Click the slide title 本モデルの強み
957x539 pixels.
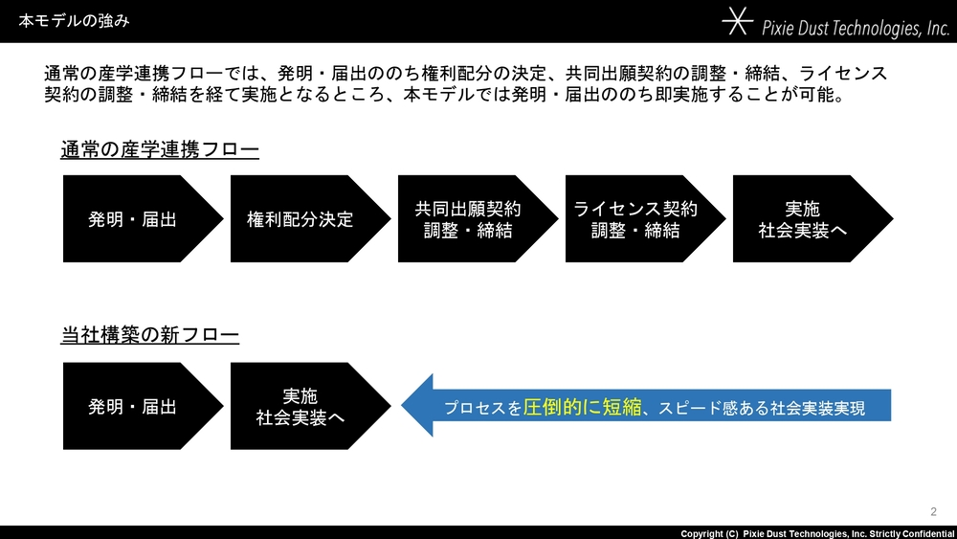[x=74, y=21]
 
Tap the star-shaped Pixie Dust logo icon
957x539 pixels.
[x=737, y=21]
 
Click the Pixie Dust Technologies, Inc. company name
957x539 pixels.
[x=856, y=28]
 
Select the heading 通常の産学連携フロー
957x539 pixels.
[x=160, y=149]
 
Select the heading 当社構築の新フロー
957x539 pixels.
[x=149, y=334]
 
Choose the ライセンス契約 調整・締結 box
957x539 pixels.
[x=645, y=218]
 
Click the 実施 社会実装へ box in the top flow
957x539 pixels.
[x=812, y=218]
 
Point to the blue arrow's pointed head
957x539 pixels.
[x=402, y=405]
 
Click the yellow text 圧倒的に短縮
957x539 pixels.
[x=582, y=407]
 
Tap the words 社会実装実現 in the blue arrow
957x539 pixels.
[x=817, y=408]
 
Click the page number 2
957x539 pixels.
[x=933, y=511]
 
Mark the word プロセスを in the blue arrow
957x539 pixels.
[x=482, y=408]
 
